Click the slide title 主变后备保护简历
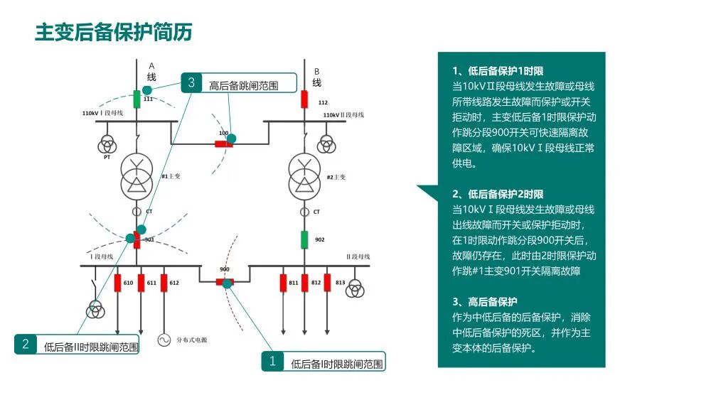(x=114, y=32)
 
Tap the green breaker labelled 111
(x=137, y=97)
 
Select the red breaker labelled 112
(x=305, y=99)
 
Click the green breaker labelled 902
(x=305, y=239)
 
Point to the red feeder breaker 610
(x=118, y=283)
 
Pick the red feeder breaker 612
(x=164, y=283)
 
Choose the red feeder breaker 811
(x=283, y=283)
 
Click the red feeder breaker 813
(x=328, y=283)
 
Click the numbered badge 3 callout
(x=191, y=82)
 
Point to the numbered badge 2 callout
(x=26, y=345)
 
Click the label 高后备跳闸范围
(x=242, y=86)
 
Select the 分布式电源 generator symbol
(x=164, y=340)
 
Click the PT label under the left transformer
(x=107, y=158)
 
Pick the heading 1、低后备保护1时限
(x=498, y=71)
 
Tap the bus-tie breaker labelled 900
(x=225, y=282)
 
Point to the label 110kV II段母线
(x=343, y=114)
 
